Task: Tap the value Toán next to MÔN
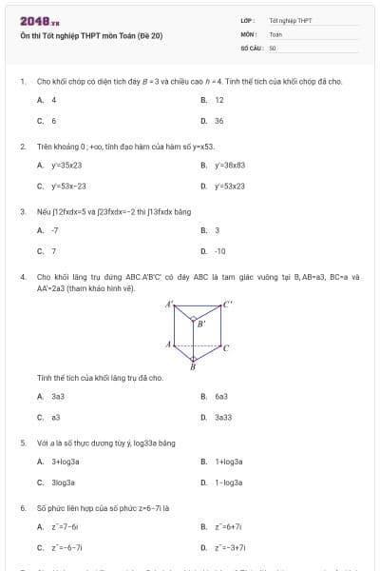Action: [x=275, y=33]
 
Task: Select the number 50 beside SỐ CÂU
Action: [x=273, y=47]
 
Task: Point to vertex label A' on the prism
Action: [x=169, y=305]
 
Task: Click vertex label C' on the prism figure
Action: [x=227, y=305]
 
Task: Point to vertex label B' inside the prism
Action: [x=200, y=325]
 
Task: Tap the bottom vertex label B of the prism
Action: [x=193, y=365]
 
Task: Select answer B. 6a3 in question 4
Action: [x=216, y=396]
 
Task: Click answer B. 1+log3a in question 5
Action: [x=223, y=462]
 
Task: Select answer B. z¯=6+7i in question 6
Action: [x=224, y=526]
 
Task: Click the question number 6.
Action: [x=23, y=508]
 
